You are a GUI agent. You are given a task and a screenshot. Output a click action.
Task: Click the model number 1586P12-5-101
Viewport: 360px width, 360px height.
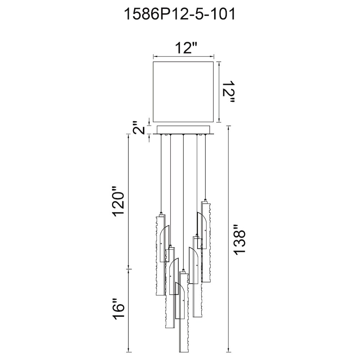[x=180, y=15]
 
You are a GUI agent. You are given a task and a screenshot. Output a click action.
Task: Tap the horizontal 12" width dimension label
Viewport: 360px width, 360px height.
[x=186, y=48]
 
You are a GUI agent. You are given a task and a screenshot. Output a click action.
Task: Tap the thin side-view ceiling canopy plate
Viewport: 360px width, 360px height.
[x=183, y=130]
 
